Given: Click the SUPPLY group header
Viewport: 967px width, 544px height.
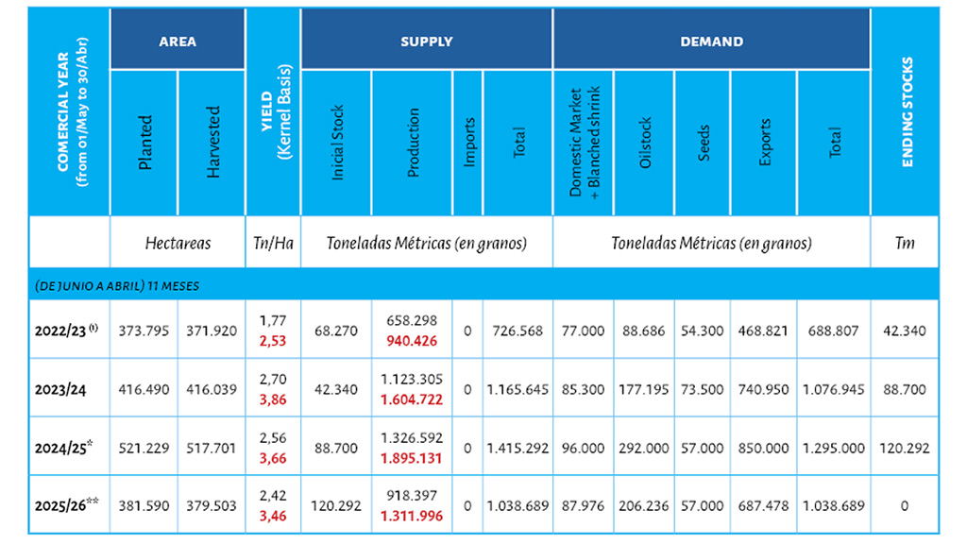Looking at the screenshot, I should (x=426, y=42).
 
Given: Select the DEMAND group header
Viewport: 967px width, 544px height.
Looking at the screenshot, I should (x=711, y=42).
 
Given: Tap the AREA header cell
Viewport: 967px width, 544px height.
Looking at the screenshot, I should (x=177, y=42).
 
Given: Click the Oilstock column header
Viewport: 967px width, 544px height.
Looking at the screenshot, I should (x=645, y=142).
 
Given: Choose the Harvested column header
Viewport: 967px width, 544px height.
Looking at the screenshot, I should (x=212, y=142).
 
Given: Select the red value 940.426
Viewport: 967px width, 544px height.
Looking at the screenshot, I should (x=411, y=341).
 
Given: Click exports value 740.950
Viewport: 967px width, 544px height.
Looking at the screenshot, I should (x=765, y=389).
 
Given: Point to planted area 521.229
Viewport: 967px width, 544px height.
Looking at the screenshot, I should (x=143, y=449).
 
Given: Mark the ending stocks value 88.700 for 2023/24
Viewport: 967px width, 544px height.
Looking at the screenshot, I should (x=906, y=389).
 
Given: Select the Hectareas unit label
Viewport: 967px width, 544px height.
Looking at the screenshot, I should (x=178, y=243).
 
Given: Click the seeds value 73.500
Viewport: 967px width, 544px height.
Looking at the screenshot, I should (x=704, y=389).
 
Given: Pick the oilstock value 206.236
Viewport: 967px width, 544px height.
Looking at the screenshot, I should (x=645, y=506).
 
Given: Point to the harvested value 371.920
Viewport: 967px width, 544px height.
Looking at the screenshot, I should (x=212, y=331).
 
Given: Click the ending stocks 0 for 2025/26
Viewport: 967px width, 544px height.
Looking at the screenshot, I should (x=906, y=506).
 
